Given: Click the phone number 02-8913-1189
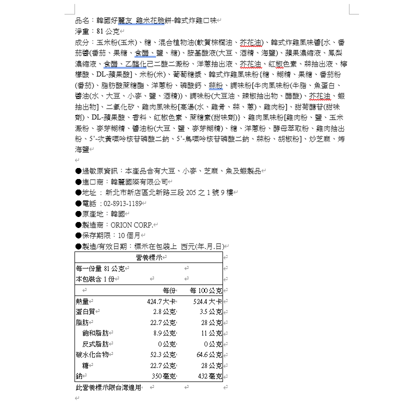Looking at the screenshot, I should [x=121, y=203].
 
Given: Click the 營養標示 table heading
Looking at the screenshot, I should [x=148, y=257].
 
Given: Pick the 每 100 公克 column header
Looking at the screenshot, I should [x=205, y=290].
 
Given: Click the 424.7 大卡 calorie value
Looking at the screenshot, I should [x=161, y=301].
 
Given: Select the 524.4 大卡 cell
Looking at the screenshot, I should [x=207, y=301].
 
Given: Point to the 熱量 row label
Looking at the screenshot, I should [x=82, y=301].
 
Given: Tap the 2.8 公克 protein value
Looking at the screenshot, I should [x=164, y=312].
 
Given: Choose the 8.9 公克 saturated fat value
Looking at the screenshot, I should [x=164, y=333].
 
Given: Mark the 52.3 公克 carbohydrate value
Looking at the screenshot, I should [x=163, y=354].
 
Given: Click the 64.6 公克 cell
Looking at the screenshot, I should [x=209, y=354].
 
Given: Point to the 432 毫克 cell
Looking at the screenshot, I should [x=210, y=376].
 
